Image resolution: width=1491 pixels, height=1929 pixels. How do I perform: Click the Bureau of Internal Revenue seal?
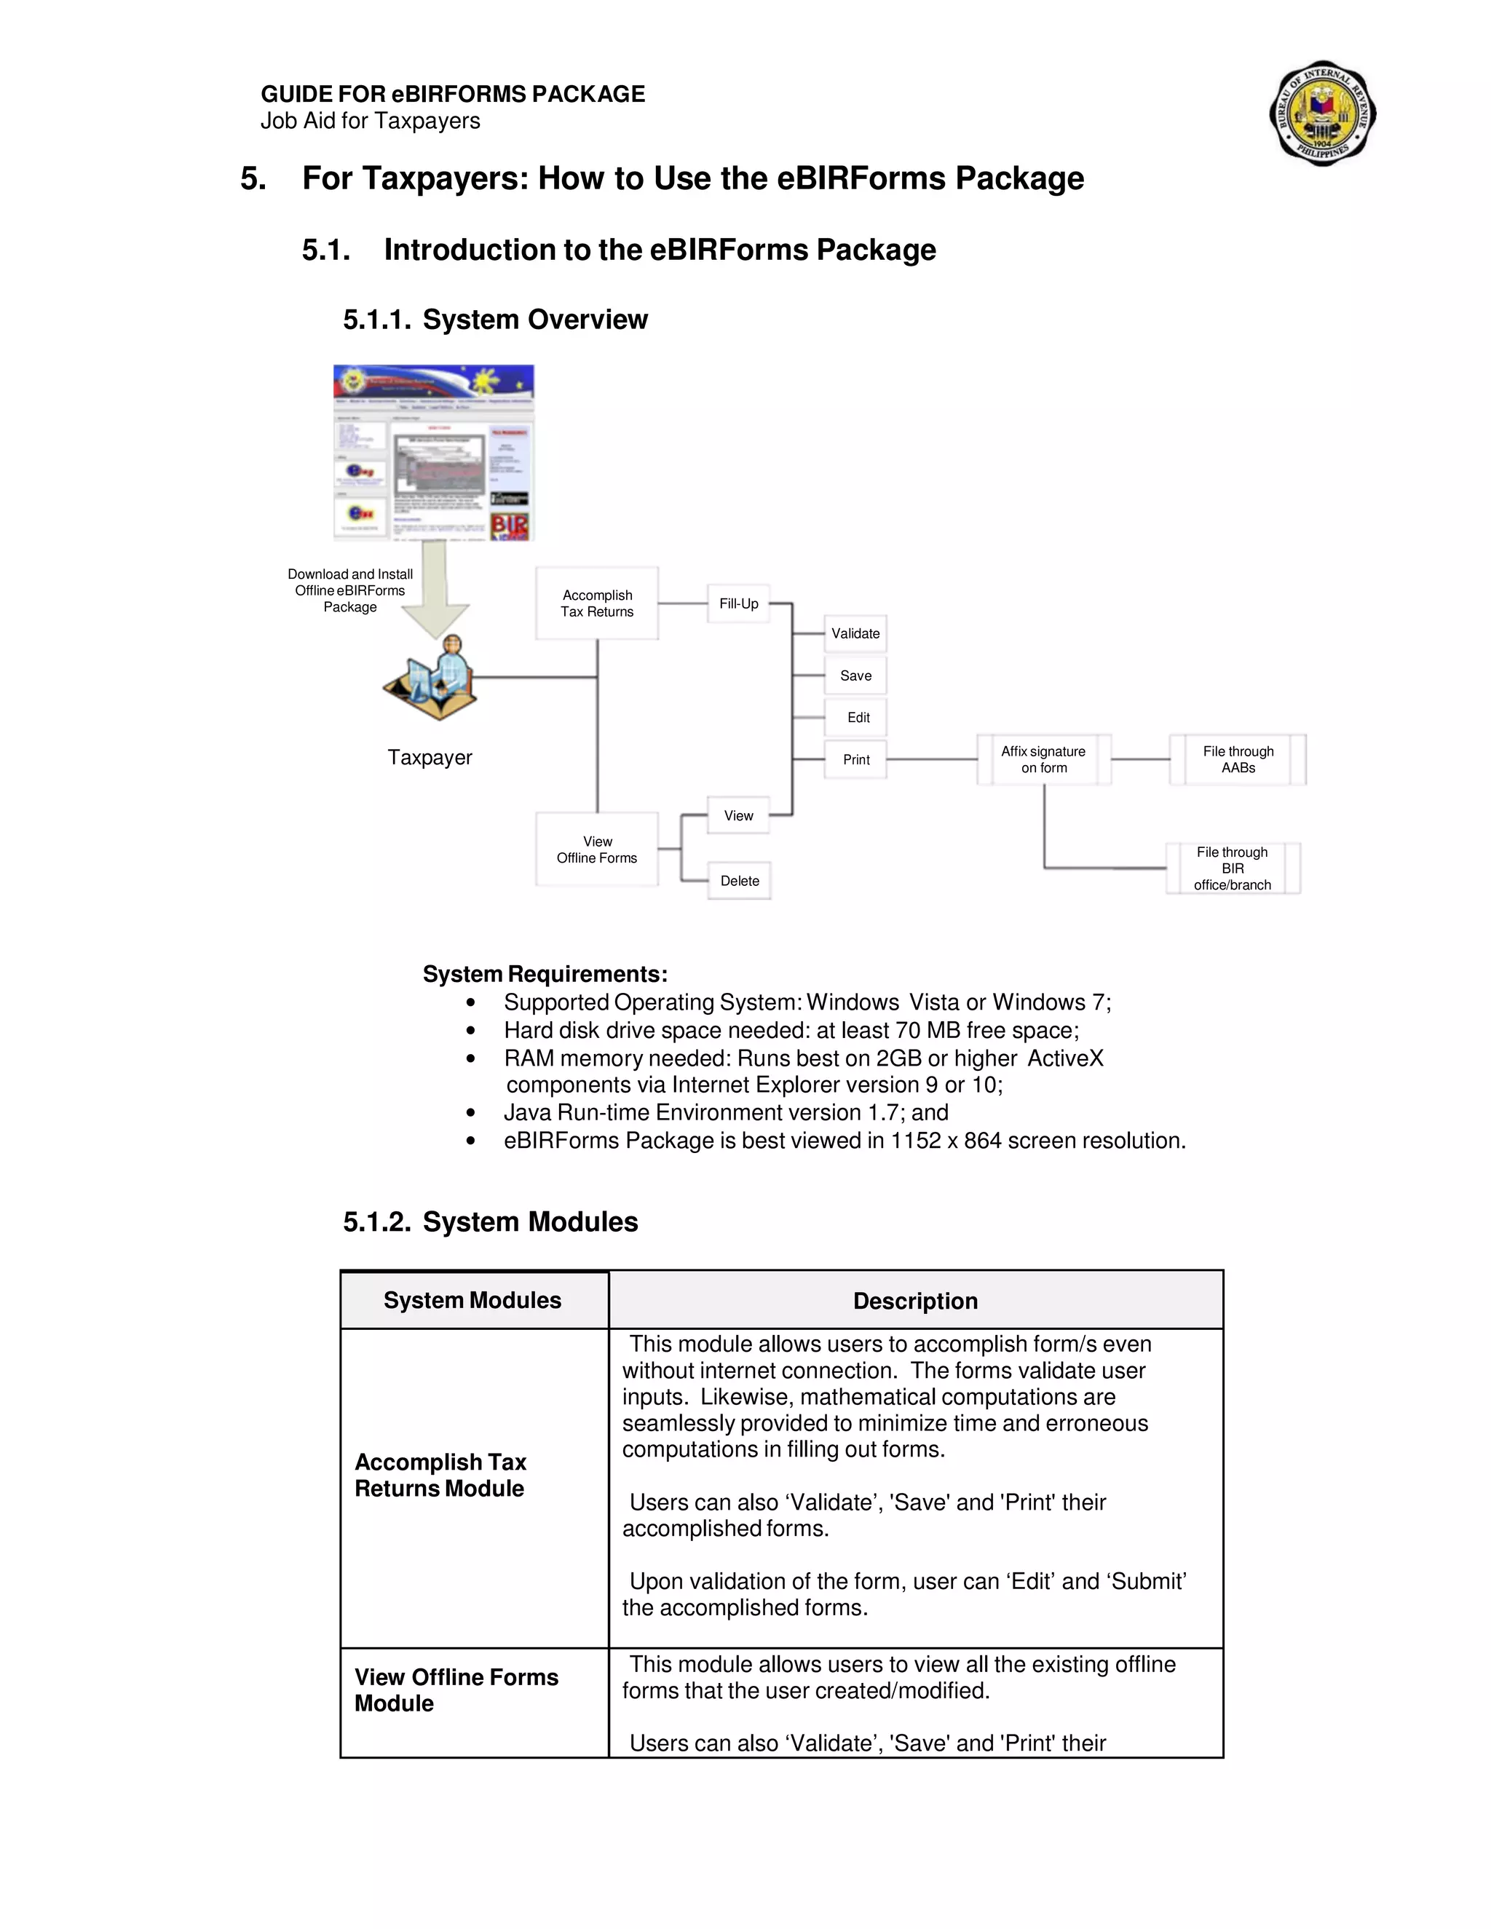[1322, 113]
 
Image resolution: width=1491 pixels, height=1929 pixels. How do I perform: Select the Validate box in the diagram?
[855, 633]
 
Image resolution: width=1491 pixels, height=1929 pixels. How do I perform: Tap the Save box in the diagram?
[855, 676]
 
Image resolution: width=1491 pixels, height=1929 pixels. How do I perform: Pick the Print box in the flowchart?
[855, 759]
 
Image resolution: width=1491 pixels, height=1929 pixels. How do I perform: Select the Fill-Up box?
[738, 604]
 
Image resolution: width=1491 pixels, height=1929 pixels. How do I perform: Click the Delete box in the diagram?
[740, 881]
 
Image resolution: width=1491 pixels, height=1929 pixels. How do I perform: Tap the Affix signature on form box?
[1043, 759]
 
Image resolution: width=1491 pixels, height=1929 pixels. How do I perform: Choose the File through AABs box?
[1238, 759]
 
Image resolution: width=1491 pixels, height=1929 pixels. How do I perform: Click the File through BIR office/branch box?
[1233, 868]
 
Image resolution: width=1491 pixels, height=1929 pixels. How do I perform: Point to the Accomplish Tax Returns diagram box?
[597, 603]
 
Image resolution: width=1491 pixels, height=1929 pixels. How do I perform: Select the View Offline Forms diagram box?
[597, 849]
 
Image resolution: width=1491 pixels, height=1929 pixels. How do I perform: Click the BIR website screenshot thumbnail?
[434, 451]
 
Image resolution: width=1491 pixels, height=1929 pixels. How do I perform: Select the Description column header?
[915, 1300]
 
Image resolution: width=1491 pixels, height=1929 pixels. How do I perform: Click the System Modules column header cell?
[473, 1300]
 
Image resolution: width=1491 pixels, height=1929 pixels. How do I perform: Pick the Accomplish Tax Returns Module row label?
[440, 1475]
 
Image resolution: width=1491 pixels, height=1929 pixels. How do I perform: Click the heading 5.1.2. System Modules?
[490, 1221]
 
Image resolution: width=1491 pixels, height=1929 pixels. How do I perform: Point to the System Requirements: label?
[545, 973]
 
